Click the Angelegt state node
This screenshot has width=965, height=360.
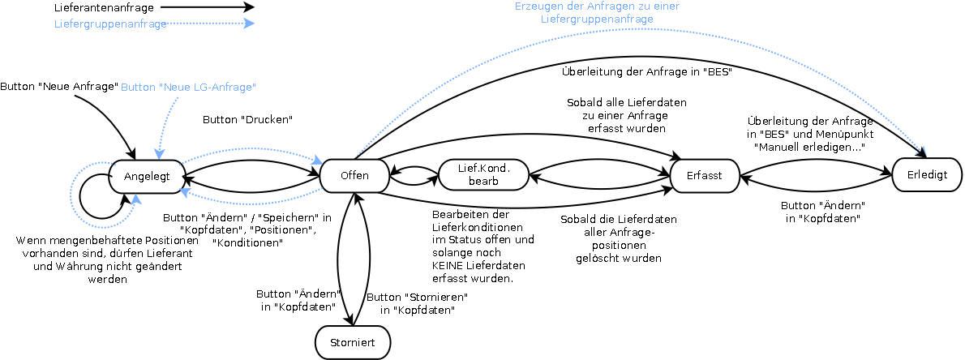(148, 176)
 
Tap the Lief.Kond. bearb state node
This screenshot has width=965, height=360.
(482, 175)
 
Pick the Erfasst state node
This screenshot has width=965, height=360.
(704, 175)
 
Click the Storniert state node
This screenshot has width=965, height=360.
(352, 342)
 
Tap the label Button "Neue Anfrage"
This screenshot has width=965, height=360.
(59, 86)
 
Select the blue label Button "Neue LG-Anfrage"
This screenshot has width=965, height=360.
(189, 86)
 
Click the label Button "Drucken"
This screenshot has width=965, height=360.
(247, 119)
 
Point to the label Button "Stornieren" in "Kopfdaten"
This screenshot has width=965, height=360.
(418, 303)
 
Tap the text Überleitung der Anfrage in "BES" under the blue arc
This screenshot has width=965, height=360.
(647, 71)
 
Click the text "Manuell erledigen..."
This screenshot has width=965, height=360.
(810, 146)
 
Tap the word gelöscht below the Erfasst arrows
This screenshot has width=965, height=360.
(610, 258)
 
